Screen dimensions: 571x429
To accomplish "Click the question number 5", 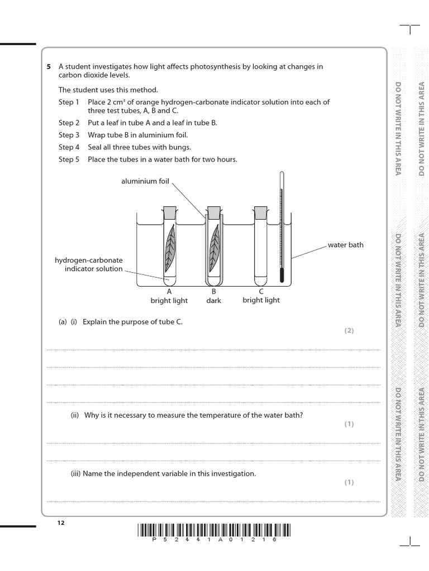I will pyautogui.click(x=49, y=67).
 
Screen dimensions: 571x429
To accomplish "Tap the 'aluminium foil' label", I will pyautogui.click(x=145, y=181).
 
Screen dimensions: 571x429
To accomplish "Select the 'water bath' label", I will pyautogui.click(x=345, y=245).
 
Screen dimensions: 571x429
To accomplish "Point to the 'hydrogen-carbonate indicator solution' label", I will pyautogui.click(x=89, y=264).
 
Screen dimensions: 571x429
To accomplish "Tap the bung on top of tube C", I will pyautogui.click(x=260, y=212).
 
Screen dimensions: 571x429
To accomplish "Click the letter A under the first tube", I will pyautogui.click(x=169, y=291).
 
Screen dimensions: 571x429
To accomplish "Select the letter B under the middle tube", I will pyautogui.click(x=213, y=291).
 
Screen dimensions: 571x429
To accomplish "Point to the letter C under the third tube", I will pyautogui.click(x=261, y=291).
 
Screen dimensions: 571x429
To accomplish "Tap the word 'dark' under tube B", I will pyautogui.click(x=213, y=301).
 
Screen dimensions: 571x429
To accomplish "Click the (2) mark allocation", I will pyautogui.click(x=349, y=331).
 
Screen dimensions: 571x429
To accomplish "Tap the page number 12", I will pyautogui.click(x=61, y=522).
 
